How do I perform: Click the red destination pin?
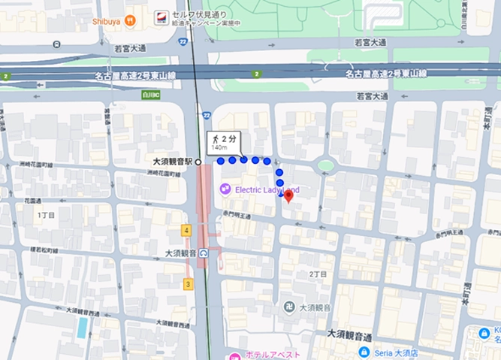pyautogui.click(x=288, y=195)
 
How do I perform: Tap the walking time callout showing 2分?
pyautogui.click(x=224, y=141)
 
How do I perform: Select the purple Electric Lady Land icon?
pyautogui.click(x=225, y=189)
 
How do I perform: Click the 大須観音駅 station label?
pyautogui.click(x=172, y=162)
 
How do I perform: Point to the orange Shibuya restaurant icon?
pyautogui.click(x=131, y=21)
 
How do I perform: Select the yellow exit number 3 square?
pyautogui.click(x=188, y=284)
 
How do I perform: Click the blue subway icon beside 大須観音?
pyautogui.click(x=204, y=253)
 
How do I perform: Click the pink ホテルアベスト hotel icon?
pyautogui.click(x=235, y=355)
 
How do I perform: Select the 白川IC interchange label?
pyautogui.click(x=152, y=95)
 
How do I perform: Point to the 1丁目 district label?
pyautogui.click(x=47, y=215)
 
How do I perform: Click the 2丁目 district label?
pyautogui.click(x=318, y=274)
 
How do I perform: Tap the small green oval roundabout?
pyautogui.click(x=325, y=165)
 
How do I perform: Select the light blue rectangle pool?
pyautogui.click(x=82, y=327)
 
